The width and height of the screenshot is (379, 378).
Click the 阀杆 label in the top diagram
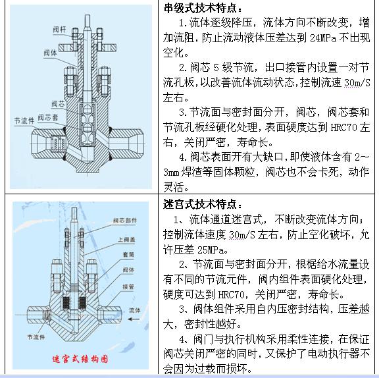59,30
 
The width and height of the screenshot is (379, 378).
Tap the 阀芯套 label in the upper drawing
48,117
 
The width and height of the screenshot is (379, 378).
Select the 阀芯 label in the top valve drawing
59,104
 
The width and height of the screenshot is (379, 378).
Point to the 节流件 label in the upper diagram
24,121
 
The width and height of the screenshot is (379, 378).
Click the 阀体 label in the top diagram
50,53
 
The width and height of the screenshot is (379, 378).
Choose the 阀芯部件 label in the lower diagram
125,221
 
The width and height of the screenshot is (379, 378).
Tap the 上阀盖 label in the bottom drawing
126,240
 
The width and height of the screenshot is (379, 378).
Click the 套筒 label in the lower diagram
128,254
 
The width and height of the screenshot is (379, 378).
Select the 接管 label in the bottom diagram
128,287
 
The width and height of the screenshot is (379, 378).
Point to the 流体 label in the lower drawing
135,310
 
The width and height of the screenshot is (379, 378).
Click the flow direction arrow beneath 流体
134,319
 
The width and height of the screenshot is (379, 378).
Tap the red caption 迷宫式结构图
80,359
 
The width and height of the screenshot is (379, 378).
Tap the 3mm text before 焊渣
171,172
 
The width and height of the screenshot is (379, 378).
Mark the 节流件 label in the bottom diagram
36,337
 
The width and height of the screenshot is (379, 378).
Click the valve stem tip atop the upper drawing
88,16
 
